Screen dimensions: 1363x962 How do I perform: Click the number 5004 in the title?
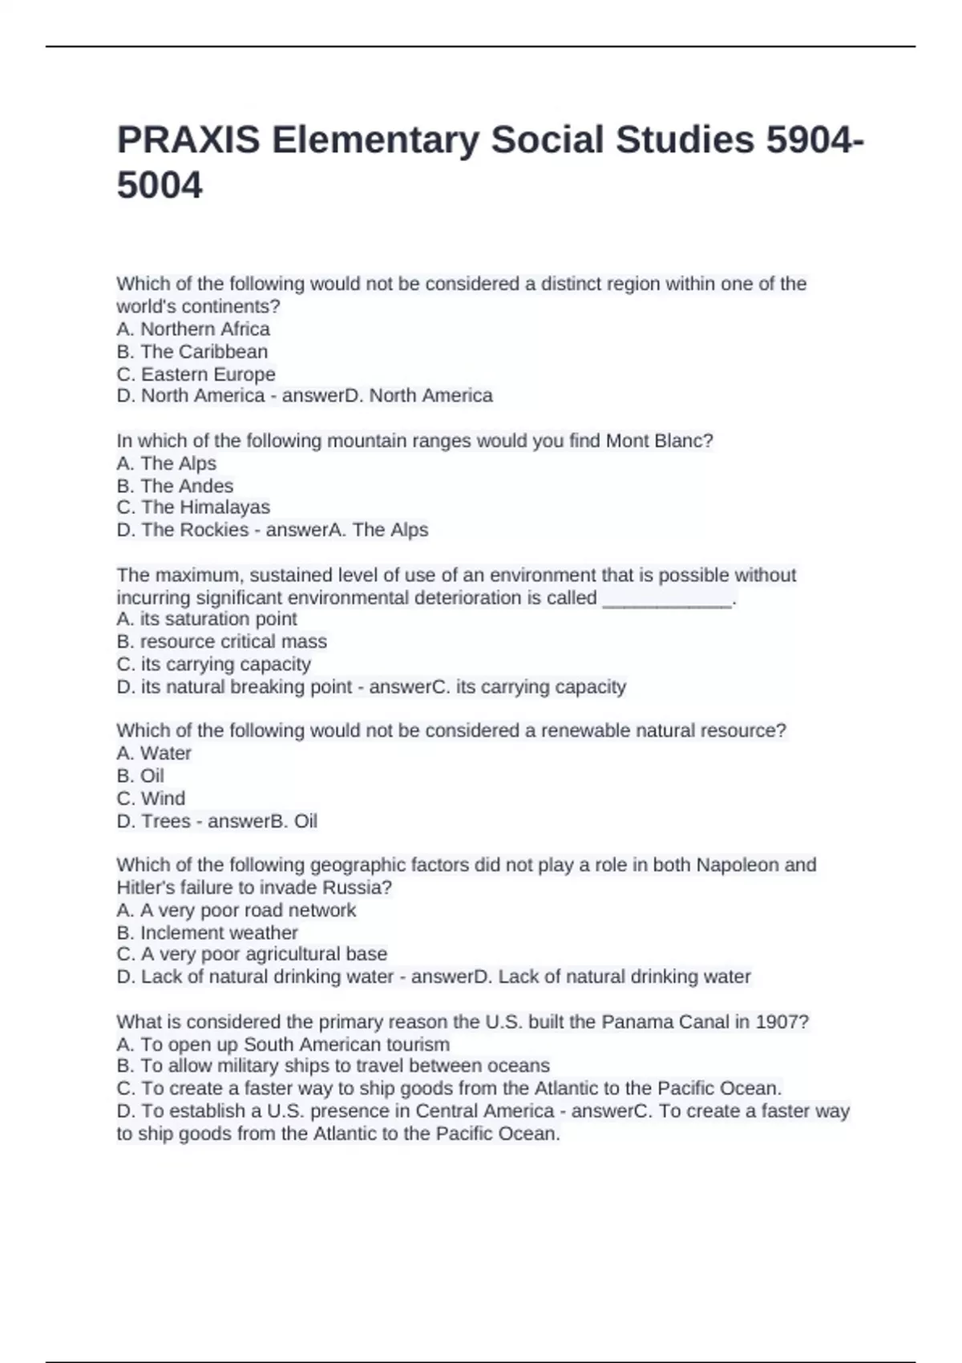[x=160, y=186]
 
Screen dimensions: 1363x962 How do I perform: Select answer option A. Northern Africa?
[x=193, y=329]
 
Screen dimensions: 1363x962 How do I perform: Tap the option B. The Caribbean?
[x=192, y=351]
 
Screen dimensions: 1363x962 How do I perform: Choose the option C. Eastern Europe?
[x=196, y=374]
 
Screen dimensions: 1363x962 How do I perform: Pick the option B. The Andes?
[x=175, y=486]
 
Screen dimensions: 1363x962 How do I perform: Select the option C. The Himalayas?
[x=193, y=508]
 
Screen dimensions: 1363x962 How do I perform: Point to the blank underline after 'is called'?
[x=666, y=598]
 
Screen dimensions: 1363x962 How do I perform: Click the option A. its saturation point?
[x=207, y=619]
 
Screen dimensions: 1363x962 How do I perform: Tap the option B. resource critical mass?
[x=221, y=641]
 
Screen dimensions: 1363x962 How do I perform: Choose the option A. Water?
[x=154, y=753]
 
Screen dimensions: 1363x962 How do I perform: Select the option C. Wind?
[x=151, y=799]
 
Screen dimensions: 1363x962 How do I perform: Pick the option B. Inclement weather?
[x=207, y=932]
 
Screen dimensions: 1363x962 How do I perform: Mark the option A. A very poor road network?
[x=236, y=910]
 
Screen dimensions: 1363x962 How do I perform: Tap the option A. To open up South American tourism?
[x=283, y=1045]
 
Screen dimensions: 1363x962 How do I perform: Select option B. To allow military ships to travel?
[x=333, y=1066]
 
